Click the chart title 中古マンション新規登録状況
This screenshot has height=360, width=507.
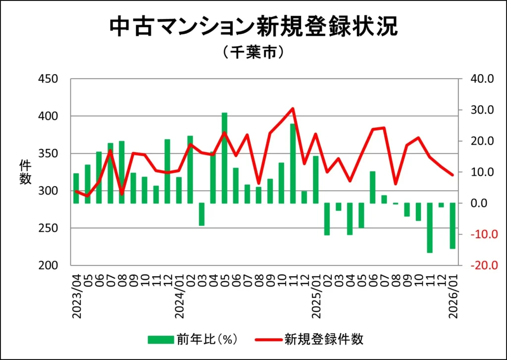253,27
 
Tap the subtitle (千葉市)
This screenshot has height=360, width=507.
253,52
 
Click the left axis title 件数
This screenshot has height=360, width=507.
25,172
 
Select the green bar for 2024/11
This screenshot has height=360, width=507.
293,163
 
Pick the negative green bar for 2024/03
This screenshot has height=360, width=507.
202,214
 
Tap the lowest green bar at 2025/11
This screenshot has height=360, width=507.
430,228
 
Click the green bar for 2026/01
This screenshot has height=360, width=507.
453,226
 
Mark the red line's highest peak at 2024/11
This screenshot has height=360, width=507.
293,108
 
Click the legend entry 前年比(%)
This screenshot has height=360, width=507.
193,339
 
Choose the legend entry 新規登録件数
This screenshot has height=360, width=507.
309,339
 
